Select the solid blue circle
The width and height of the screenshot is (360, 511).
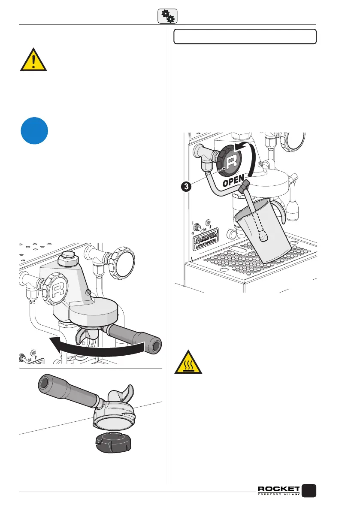(x=35, y=130)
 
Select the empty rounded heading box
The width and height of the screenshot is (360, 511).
(x=245, y=36)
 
